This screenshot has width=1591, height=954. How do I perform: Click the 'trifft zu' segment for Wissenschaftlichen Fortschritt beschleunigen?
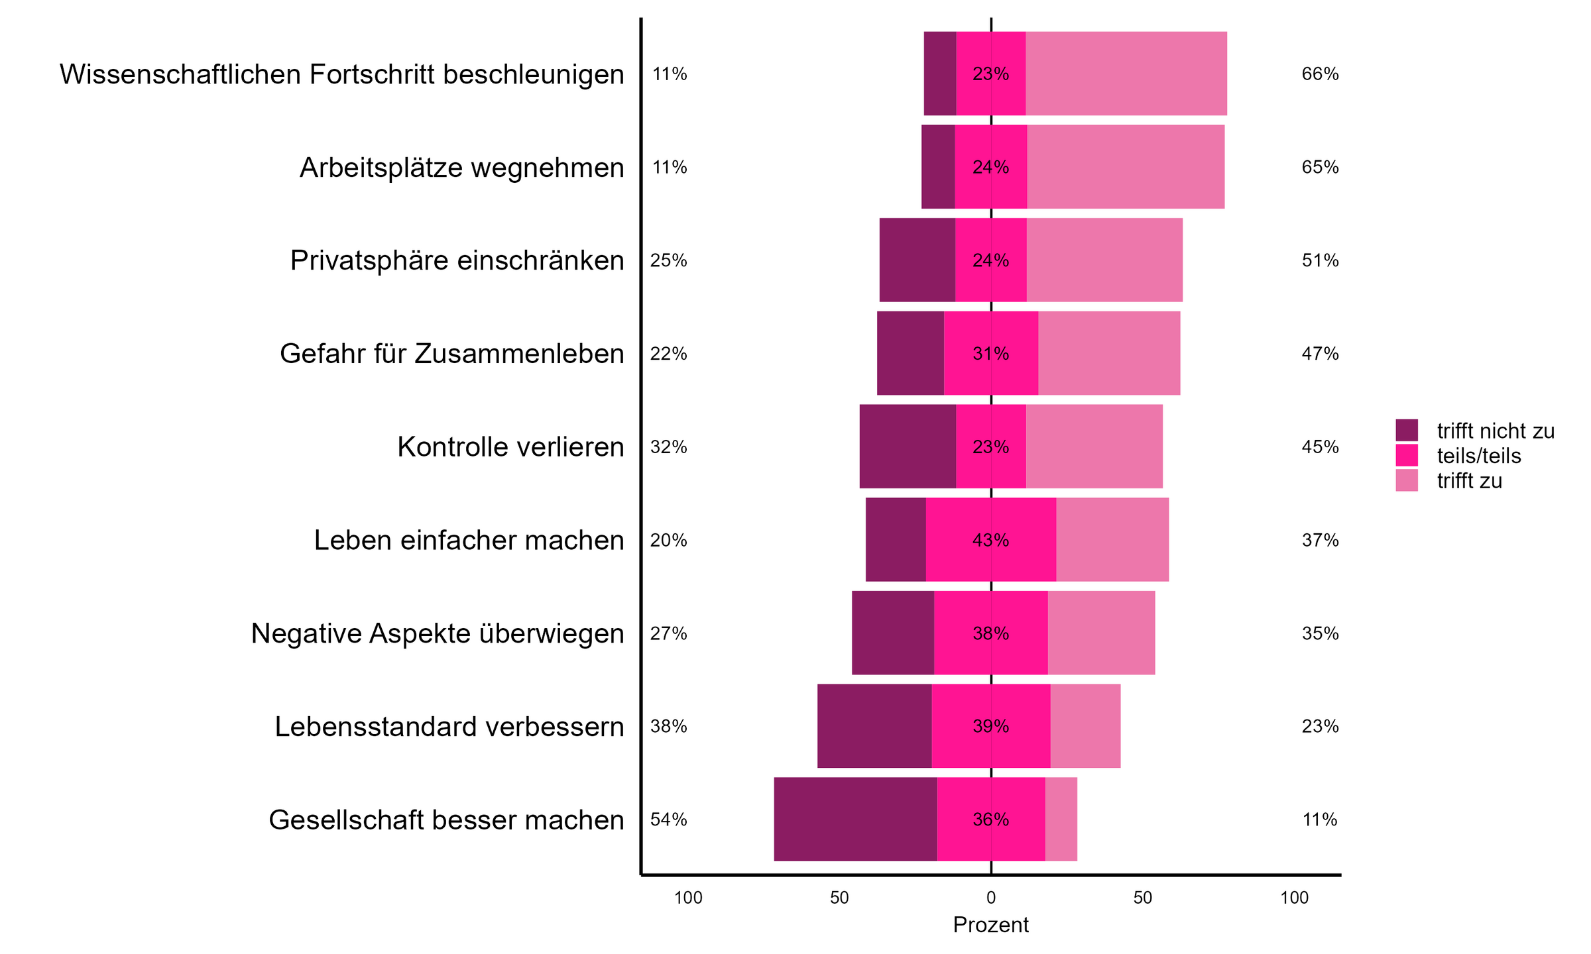point(1126,74)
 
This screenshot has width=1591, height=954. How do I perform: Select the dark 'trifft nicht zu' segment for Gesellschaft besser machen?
point(855,819)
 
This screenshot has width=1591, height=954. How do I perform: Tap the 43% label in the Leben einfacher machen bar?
point(990,541)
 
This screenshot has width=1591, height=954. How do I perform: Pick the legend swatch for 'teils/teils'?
point(1406,455)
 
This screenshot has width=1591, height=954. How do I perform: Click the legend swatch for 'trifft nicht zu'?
point(1406,430)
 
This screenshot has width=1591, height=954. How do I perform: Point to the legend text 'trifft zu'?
point(1469,481)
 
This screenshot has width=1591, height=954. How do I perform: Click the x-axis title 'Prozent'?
point(990,925)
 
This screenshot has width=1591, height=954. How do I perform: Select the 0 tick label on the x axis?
point(990,898)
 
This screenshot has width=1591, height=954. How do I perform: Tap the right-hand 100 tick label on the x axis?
point(1293,898)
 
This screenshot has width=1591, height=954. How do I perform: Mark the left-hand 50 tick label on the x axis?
point(839,898)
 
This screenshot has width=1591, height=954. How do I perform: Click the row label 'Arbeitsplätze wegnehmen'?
point(461,168)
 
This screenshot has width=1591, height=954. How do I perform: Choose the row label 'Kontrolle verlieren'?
point(510,447)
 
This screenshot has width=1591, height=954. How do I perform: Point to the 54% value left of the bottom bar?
point(668,820)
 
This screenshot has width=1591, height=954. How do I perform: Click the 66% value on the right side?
point(1320,74)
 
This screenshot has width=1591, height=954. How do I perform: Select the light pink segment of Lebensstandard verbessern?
point(1085,726)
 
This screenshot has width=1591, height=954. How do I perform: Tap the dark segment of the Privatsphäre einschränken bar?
point(917,260)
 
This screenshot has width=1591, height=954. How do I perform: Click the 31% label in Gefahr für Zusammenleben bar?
point(990,354)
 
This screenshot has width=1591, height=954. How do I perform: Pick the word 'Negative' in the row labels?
point(306,633)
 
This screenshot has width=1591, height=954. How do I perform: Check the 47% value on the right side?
point(1320,354)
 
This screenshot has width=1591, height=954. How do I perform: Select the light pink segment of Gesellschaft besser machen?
point(1061,819)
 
